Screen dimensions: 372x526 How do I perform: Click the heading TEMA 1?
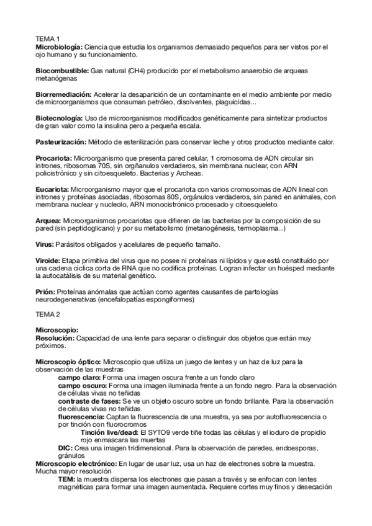[47, 39]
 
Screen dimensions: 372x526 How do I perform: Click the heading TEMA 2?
[47, 314]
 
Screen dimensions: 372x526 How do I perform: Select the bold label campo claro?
[80, 377]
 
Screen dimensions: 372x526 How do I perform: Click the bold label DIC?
[65, 448]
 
